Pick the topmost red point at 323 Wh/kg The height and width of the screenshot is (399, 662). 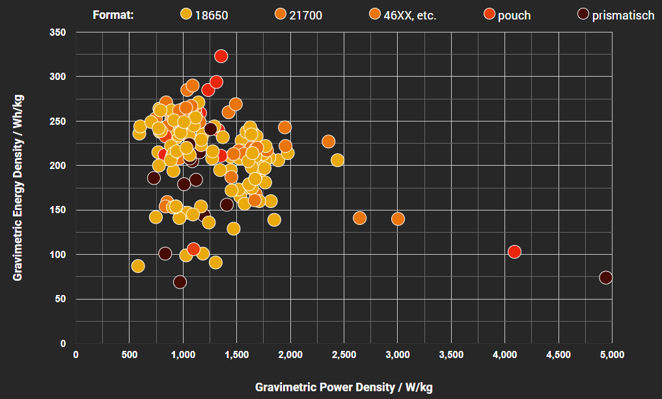coord(221,56)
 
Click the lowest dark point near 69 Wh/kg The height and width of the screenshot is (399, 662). coord(180,282)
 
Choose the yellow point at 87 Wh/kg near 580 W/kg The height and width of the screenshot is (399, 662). coord(138,266)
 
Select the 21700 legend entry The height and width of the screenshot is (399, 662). coord(299,15)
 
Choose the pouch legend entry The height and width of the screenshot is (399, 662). coord(507,15)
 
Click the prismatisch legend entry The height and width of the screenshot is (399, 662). coord(615,15)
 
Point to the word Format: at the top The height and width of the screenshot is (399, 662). coord(113,15)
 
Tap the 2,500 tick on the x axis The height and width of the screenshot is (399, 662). coord(344,355)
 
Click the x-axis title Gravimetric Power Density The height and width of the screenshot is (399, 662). coord(344,387)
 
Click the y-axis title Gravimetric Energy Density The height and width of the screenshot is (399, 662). coord(18,187)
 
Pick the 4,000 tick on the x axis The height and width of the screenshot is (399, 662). coord(504,355)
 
